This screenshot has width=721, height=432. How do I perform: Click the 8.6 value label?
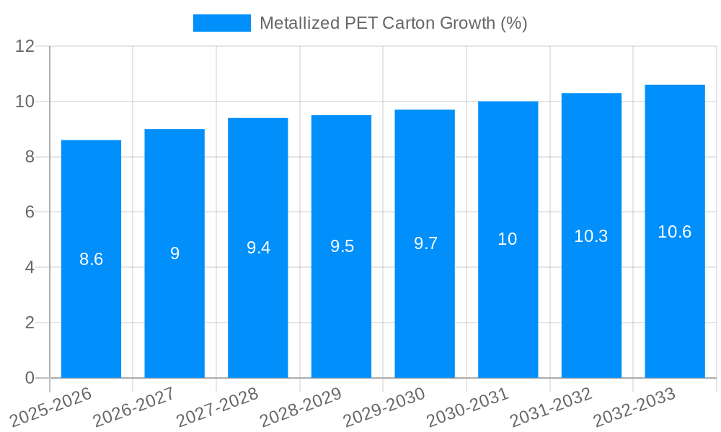point(91,259)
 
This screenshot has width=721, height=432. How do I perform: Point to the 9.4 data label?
point(258,248)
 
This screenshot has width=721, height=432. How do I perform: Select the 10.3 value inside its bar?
point(591,235)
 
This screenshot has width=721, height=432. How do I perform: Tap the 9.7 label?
point(425,243)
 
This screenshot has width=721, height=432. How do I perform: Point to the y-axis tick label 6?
point(30,212)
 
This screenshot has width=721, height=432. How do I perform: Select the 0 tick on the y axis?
point(30,377)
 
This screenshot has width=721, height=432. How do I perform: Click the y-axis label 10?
point(25,102)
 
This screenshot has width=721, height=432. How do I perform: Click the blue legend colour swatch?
point(221,23)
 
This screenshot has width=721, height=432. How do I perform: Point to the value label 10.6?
point(675,232)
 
